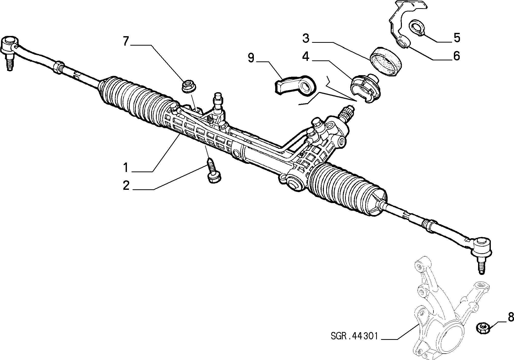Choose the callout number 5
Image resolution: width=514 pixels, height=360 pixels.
(x=456, y=38)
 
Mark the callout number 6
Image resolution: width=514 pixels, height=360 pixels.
(x=456, y=56)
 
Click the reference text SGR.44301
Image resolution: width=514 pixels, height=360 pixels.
(x=354, y=336)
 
